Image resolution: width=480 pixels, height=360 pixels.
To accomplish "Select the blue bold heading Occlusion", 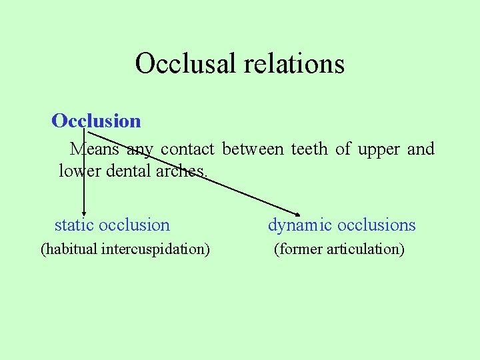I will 96,121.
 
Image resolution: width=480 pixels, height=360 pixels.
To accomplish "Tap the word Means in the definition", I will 95,149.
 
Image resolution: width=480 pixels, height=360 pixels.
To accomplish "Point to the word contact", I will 187,149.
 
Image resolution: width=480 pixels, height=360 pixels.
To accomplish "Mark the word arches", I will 183,171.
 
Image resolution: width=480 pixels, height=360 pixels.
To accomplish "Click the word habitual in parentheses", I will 69,249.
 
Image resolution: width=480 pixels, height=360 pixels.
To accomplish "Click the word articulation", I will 365,249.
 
